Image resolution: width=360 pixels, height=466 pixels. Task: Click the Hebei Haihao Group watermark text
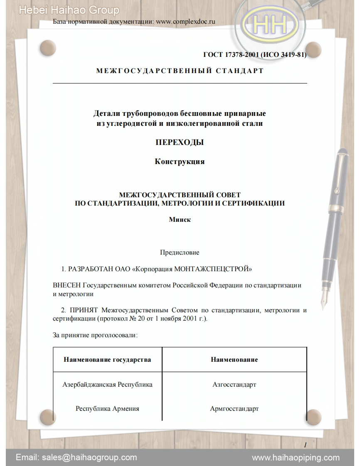click(69, 10)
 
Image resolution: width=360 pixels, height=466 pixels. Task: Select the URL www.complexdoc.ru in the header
click(185, 22)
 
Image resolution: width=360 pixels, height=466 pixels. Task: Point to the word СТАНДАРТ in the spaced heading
click(239, 71)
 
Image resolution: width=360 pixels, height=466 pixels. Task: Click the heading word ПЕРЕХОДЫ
click(180, 142)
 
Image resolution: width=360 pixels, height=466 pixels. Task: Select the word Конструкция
click(180, 162)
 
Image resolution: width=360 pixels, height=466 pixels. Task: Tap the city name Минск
click(180, 220)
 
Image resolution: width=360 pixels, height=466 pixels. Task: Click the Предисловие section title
click(180, 252)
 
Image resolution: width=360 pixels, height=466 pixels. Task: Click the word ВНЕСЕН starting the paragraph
click(67, 285)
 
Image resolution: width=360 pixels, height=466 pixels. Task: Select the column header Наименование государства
click(107, 359)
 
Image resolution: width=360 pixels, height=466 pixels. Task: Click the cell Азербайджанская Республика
click(107, 384)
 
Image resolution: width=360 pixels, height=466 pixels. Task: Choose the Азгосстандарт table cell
click(234, 384)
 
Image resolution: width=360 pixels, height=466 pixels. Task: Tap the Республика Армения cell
click(107, 408)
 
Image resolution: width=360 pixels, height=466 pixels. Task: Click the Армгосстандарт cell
click(234, 408)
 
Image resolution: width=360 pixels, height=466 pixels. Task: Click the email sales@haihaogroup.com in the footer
click(76, 457)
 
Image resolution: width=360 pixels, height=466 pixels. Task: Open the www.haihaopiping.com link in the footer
click(296, 457)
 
